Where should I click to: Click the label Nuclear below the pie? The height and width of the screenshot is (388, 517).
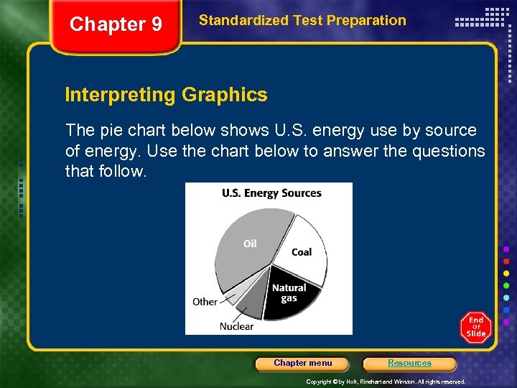236,326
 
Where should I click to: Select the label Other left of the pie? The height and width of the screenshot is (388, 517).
205,302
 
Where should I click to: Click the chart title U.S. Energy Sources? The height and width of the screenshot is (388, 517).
271,193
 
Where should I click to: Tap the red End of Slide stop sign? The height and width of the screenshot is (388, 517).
475,328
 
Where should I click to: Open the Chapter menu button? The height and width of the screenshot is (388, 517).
303,364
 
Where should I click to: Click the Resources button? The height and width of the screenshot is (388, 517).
409,364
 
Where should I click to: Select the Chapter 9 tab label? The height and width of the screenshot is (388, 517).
116,24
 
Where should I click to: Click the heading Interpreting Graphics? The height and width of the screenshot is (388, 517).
166,95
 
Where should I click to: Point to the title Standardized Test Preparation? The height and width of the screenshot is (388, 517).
302,21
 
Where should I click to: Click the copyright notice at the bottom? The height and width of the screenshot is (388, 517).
386,382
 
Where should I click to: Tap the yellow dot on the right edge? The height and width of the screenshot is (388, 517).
507,273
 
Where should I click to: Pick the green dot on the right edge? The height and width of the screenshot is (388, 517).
507,285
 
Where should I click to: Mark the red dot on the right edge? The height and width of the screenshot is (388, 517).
507,261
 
